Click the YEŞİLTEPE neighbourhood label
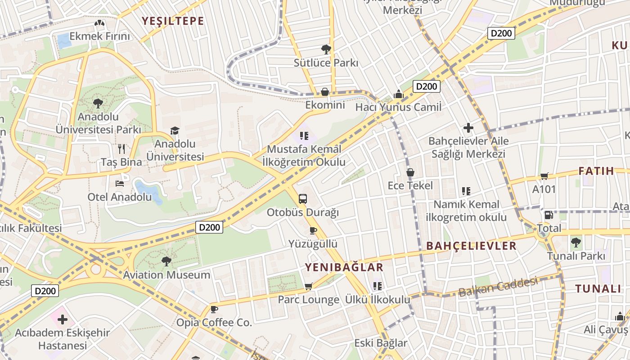pyautogui.click(x=173, y=21)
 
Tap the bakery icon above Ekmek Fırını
pyautogui.click(x=99, y=23)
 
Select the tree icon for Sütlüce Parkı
pyautogui.click(x=326, y=49)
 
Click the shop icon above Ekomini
pyautogui.click(x=324, y=92)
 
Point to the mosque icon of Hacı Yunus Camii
pyautogui.click(x=398, y=94)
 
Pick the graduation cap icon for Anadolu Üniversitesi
pyautogui.click(x=175, y=131)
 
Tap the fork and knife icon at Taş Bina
pyautogui.click(x=121, y=148)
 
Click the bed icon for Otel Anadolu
pyautogui.click(x=120, y=183)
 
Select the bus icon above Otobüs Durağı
pyautogui.click(x=303, y=198)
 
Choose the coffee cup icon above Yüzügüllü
pyautogui.click(x=313, y=231)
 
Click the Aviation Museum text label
pyautogui.click(x=166, y=275)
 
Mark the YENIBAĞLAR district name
pyautogui.click(x=344, y=267)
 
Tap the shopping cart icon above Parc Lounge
pyautogui.click(x=308, y=286)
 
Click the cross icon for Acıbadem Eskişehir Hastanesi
pyautogui.click(x=63, y=319)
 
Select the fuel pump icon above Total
pyautogui.click(x=549, y=215)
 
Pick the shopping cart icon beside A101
pyautogui.click(x=544, y=176)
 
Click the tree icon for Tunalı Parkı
pyautogui.click(x=576, y=243)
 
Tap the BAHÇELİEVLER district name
pyautogui.click(x=471, y=246)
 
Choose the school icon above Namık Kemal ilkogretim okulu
pyautogui.click(x=466, y=191)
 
